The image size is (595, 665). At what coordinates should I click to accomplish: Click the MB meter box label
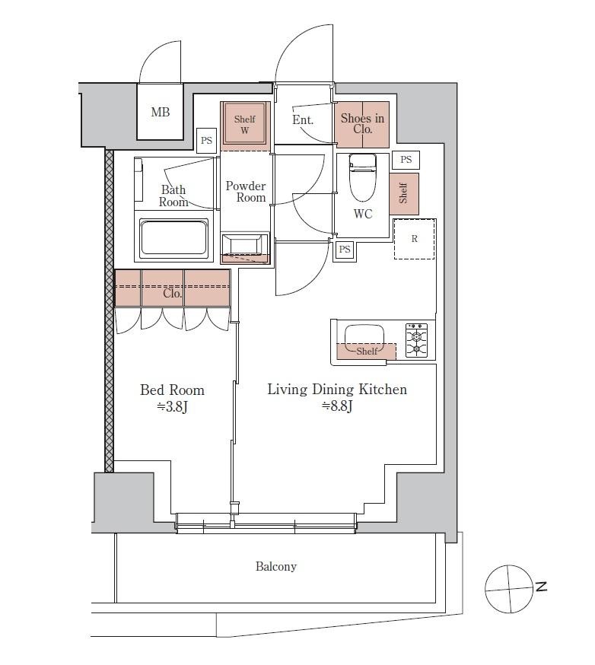pos(161,112)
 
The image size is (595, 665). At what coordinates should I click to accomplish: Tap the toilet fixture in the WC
pos(363,177)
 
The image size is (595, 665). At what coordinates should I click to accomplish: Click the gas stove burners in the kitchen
pos(416,340)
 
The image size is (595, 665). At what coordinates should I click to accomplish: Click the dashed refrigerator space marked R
pos(415,239)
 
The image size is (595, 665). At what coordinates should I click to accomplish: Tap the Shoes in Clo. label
pos(363,123)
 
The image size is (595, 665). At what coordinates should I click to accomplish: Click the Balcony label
pos(276,566)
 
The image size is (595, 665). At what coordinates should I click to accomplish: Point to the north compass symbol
pos(509,589)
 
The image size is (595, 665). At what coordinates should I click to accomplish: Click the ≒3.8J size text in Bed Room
pos(172,407)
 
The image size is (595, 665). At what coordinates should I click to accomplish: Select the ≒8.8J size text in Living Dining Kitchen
pos(338,406)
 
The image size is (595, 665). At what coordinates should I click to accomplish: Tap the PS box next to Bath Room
pos(206,140)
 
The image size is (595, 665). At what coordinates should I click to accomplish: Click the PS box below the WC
pos(345,250)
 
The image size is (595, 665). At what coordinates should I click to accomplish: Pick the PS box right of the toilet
pos(406,160)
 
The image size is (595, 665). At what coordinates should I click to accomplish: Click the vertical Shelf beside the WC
pos(404,194)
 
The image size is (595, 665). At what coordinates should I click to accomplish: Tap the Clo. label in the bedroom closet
pos(173,294)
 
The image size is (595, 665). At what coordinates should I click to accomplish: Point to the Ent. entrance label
pos(303,119)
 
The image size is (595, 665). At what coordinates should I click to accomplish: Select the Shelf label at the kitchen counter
pos(367,352)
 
